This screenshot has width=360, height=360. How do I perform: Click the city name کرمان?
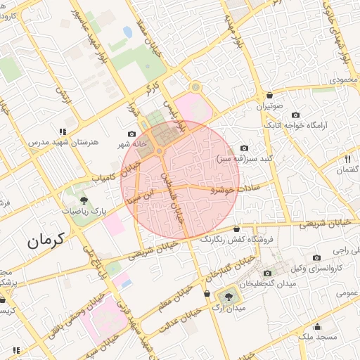[x=46, y=240]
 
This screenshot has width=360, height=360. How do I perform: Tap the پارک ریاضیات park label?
[x=83, y=210]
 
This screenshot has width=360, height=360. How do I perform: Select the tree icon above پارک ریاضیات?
[x=76, y=193]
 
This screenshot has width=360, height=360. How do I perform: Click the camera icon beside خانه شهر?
[x=132, y=134]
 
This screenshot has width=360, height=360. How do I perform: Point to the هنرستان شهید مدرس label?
[x=60, y=143]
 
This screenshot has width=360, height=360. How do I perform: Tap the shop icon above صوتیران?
[x=269, y=95]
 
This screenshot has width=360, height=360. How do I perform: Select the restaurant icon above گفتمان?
[x=347, y=159]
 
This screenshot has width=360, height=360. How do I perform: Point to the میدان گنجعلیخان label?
[x=266, y=283]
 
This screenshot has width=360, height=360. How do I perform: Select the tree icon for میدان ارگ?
[x=227, y=296]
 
